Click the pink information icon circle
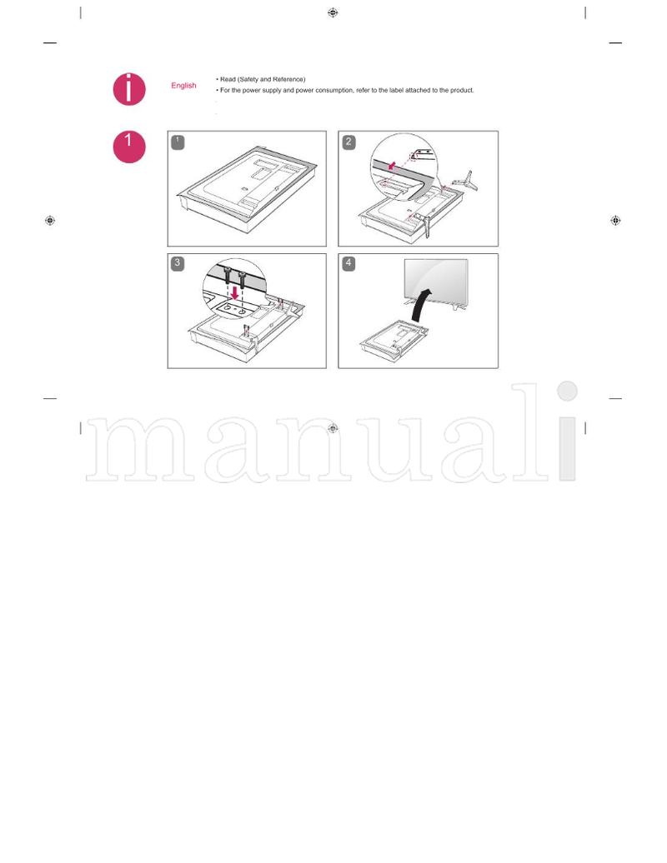(129, 89)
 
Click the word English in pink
(183, 85)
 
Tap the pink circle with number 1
(129, 147)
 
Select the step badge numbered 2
(349, 142)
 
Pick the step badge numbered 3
(178, 263)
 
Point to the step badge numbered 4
(349, 263)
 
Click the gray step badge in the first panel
(178, 142)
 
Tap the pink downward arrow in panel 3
(235, 292)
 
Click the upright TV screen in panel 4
(436, 280)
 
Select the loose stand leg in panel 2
(464, 181)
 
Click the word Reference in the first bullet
(288, 79)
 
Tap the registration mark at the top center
(333, 12)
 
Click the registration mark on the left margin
(49, 221)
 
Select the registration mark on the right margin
(616, 221)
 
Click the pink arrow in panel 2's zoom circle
(392, 165)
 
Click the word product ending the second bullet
(462, 90)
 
